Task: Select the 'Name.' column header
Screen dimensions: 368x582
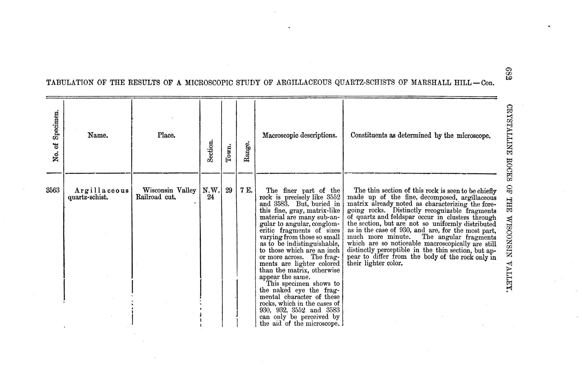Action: click(98, 135)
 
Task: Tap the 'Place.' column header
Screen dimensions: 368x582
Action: click(166, 135)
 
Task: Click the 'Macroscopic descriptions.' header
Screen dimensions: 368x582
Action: click(300, 135)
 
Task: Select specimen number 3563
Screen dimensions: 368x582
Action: click(53, 190)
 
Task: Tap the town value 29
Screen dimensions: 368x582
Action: click(229, 190)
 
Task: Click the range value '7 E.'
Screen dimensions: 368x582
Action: click(246, 190)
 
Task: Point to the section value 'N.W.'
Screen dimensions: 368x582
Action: click(211, 190)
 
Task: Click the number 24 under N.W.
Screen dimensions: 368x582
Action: click(210, 197)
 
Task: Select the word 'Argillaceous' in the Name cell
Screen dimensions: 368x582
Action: click(101, 191)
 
